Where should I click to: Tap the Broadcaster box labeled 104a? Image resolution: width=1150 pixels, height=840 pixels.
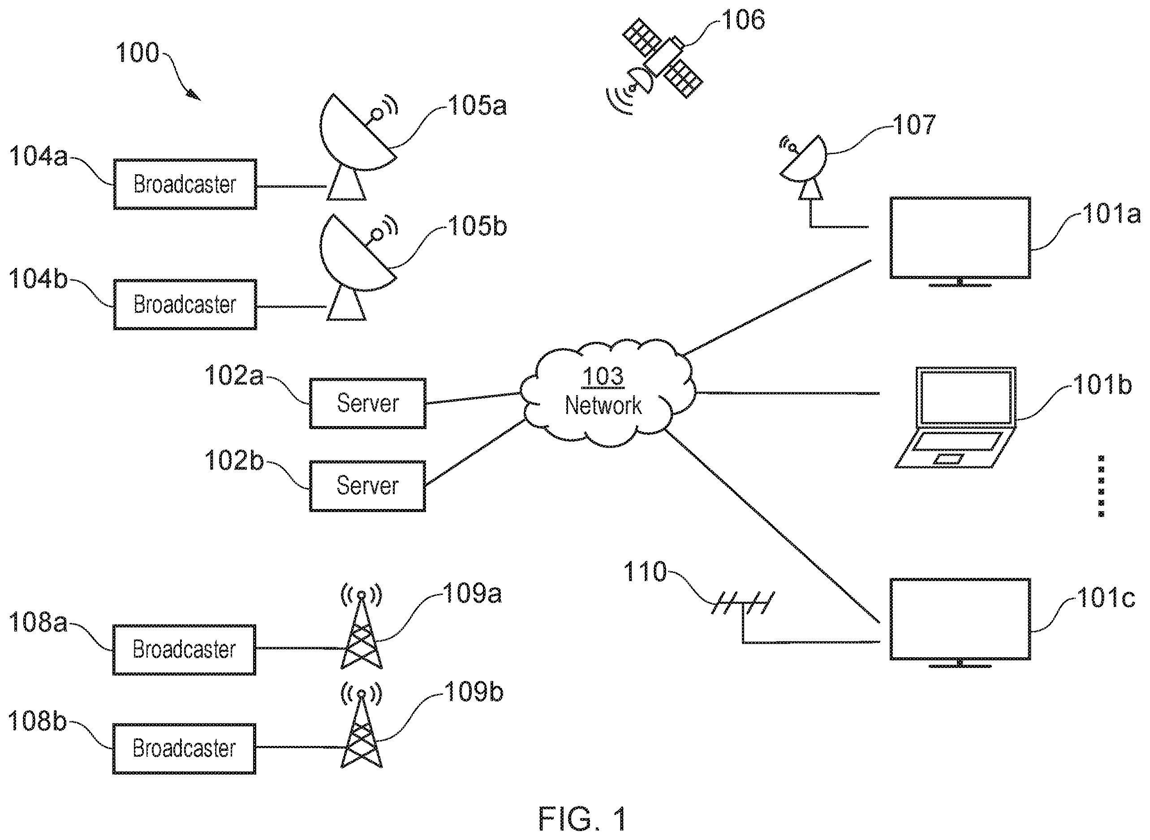click(185, 184)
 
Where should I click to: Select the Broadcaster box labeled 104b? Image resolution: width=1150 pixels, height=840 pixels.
click(185, 305)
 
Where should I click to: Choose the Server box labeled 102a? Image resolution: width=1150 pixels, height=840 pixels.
click(367, 403)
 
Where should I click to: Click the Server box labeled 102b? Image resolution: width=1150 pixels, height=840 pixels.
click(367, 486)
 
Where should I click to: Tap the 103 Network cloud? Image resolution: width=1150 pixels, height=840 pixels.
click(607, 392)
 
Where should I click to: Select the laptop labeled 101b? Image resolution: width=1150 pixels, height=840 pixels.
click(956, 417)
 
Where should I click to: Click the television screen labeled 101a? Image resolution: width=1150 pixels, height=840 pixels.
click(960, 241)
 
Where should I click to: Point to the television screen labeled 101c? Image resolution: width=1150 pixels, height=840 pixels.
click(960, 622)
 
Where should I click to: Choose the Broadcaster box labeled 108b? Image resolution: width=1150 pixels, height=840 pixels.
click(184, 749)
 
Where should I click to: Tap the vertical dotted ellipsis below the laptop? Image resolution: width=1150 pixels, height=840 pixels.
click(1101, 486)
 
